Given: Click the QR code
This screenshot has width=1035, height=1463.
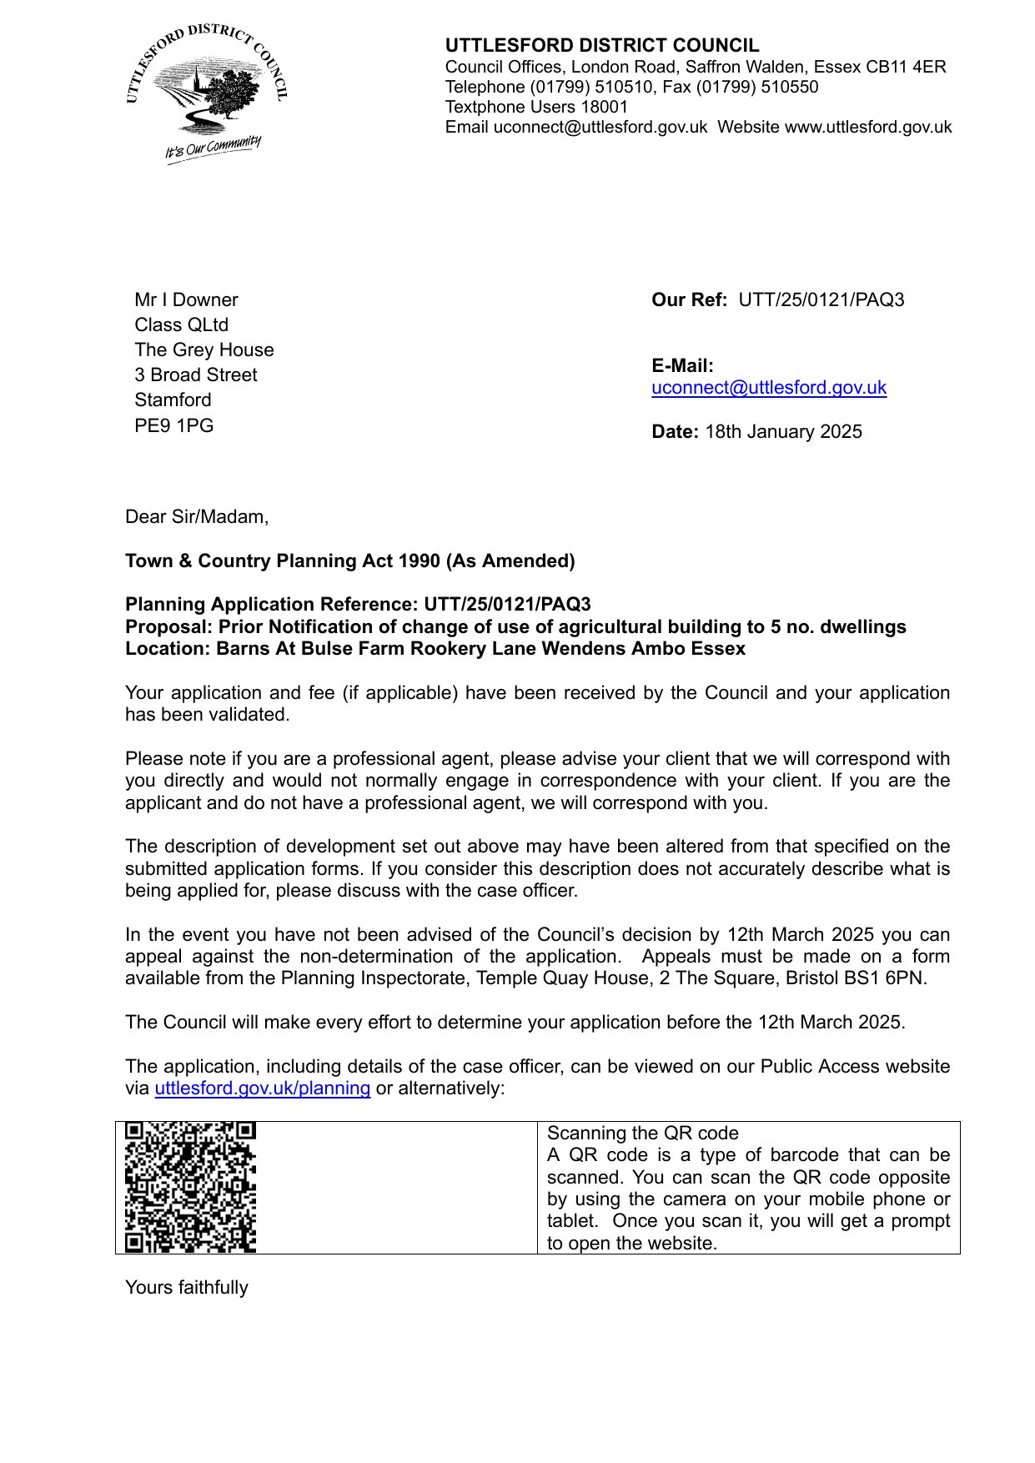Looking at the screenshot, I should pos(190,1187).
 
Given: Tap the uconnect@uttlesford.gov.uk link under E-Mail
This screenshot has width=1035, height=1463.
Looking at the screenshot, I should pos(768,388).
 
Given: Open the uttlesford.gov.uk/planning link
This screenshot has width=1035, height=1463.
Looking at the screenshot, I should pos(262,1088).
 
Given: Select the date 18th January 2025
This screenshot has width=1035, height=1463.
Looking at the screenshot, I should pos(783,432).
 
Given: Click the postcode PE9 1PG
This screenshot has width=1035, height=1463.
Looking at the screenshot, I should pos(173,426).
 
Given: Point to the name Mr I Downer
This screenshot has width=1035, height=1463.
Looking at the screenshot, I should pos(186,300).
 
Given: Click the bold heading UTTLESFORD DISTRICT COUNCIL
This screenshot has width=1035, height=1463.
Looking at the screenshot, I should pos(601,46).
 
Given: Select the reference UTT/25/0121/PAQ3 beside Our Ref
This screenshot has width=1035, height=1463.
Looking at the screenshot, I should pos(821,300).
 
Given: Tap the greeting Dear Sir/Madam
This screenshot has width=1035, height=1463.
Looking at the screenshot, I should pos(197,517).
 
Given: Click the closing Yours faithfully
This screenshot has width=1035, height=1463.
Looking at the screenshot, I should pos(186,1288).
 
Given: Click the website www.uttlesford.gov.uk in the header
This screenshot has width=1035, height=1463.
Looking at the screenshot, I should pos(868,127).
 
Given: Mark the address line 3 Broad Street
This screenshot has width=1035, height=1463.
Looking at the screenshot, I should pos(195,375).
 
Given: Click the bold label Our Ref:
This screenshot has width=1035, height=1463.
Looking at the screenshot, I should pos(689,300).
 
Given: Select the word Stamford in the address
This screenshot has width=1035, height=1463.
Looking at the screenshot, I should pos(173,400).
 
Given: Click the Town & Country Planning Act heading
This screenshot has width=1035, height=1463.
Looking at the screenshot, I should pos(349,561).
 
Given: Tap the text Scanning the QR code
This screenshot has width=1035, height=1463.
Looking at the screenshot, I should pos(642,1134).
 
